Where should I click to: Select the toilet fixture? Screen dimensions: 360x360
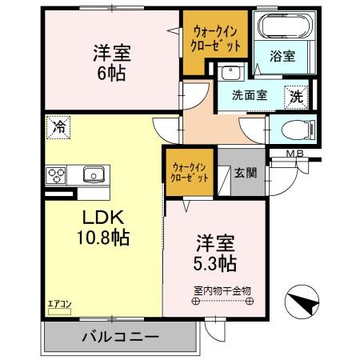pyautogui.click(x=293, y=130)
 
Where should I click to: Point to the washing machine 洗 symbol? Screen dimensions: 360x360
pyautogui.click(x=296, y=96)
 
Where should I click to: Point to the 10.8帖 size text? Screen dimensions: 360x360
pyautogui.click(x=103, y=237)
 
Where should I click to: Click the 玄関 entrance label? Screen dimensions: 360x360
pyautogui.click(x=245, y=172)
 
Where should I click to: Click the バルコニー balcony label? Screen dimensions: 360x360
pyautogui.click(x=119, y=338)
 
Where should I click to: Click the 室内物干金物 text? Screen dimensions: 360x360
pyautogui.click(x=220, y=290)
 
